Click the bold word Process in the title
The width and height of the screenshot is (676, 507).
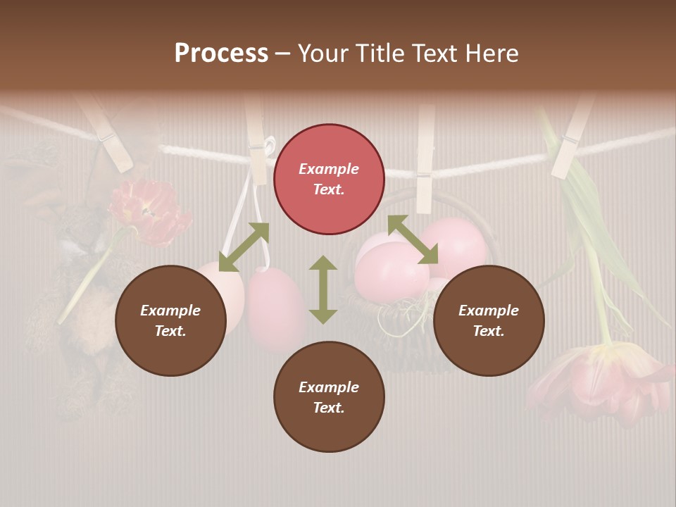(x=221, y=54)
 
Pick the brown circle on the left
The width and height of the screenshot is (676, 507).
(x=170, y=320)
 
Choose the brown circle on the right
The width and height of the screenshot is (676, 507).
(x=488, y=320)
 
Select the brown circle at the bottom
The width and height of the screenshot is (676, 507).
(x=329, y=396)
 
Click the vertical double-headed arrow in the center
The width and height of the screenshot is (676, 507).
(x=323, y=289)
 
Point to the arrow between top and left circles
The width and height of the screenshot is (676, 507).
(x=244, y=246)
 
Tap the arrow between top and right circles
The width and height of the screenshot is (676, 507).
(x=413, y=239)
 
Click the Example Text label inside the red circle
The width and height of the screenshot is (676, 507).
(x=329, y=179)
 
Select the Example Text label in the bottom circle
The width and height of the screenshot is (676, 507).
(x=329, y=397)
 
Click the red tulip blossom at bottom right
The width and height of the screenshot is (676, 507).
(x=599, y=380)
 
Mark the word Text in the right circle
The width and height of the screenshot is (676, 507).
(x=488, y=331)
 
